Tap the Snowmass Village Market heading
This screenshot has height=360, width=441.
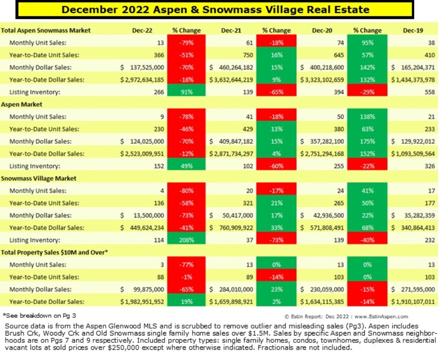[x=39, y=178]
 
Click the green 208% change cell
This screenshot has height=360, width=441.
[x=186, y=240]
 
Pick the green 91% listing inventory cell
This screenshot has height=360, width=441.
[x=186, y=92]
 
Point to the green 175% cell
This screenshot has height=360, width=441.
[x=367, y=141]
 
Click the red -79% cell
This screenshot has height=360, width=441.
[x=186, y=43]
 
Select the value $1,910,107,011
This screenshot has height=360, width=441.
[x=413, y=302]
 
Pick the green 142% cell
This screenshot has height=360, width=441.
[x=367, y=68]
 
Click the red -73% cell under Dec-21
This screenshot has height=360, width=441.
[x=276, y=240]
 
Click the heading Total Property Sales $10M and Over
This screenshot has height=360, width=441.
[x=54, y=252]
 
